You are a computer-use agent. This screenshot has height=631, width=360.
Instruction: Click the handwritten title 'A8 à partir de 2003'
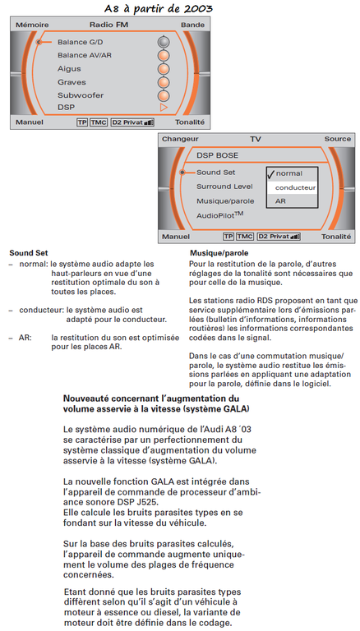click(158, 8)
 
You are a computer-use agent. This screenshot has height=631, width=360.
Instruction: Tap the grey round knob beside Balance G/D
click(164, 42)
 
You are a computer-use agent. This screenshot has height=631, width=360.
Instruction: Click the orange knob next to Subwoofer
click(164, 96)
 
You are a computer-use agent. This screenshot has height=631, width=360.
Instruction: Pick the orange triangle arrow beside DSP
click(164, 108)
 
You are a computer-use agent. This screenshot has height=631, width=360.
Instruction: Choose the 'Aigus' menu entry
click(69, 69)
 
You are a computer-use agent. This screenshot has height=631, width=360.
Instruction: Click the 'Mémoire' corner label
click(32, 25)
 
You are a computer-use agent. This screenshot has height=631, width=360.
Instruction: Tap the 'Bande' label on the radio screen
click(192, 25)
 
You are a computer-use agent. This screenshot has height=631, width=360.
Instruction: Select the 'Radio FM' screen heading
click(108, 25)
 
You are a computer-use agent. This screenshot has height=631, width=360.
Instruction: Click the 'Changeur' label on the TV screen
click(180, 139)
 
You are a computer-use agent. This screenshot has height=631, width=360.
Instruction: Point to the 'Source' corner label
click(338, 139)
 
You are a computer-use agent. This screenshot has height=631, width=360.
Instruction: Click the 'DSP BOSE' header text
click(217, 155)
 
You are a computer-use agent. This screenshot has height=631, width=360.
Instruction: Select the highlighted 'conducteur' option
click(295, 187)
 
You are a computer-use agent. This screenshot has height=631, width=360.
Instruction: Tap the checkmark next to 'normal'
click(270, 173)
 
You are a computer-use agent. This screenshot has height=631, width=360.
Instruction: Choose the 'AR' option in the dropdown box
click(280, 200)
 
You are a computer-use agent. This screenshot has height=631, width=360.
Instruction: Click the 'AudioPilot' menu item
click(220, 215)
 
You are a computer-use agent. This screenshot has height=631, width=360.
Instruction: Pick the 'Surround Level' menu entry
click(224, 187)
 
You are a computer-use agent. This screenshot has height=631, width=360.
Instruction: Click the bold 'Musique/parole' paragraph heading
click(219, 254)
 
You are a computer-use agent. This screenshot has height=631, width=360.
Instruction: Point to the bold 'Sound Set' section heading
click(29, 253)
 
